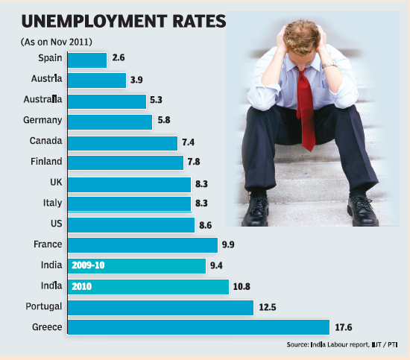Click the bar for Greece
click(198, 327)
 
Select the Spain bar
click(87, 60)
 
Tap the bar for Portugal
click(160, 308)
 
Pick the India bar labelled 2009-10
click(136, 266)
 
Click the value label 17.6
click(344, 327)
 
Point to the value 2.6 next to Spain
click(119, 57)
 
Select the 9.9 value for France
click(228, 244)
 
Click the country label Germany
click(42, 120)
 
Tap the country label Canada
click(45, 141)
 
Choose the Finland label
click(46, 161)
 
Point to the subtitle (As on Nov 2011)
click(57, 42)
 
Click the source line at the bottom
click(342, 345)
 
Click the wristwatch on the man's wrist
click(329, 65)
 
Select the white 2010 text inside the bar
click(81, 287)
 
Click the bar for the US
click(131, 225)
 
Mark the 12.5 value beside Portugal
click(267, 307)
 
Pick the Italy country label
click(53, 203)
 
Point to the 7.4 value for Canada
click(189, 142)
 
